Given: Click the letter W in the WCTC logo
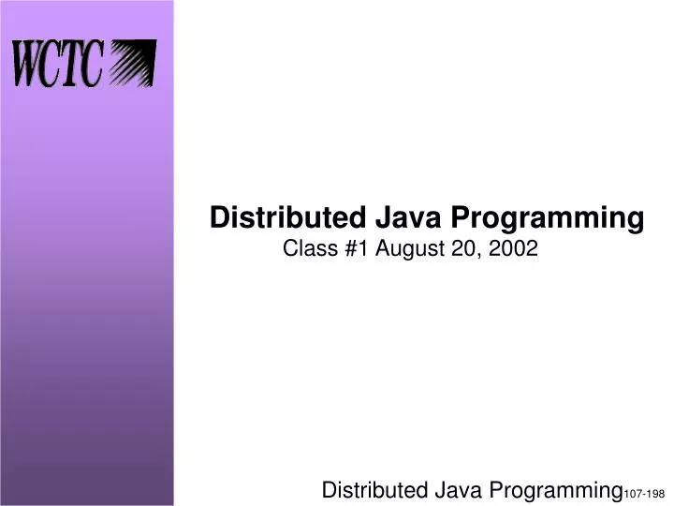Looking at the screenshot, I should [30, 65].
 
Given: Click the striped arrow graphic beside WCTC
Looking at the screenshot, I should [132, 65].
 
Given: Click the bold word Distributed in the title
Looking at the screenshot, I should [280, 218].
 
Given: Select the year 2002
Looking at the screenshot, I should [509, 249].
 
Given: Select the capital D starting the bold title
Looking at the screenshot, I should [219, 218].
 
